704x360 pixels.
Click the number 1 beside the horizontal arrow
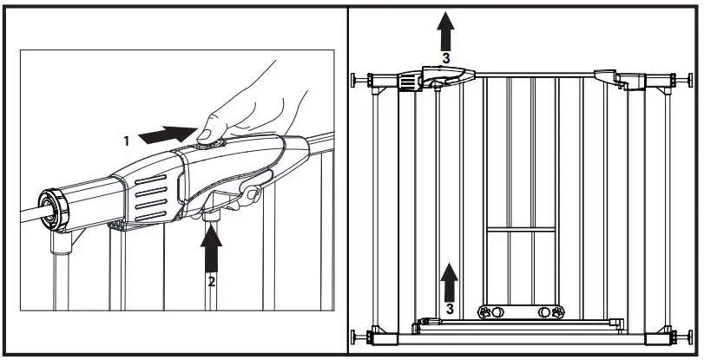(x=126, y=139)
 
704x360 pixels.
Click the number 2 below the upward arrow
(x=211, y=281)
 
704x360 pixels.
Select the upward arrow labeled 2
(x=211, y=252)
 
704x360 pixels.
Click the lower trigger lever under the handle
(x=250, y=195)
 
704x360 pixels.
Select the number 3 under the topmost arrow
(x=445, y=58)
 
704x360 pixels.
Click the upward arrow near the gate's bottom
(x=448, y=282)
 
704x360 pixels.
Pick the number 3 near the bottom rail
(x=448, y=307)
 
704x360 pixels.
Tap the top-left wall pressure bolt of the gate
(x=359, y=80)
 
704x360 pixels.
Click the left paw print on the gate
(x=487, y=311)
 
